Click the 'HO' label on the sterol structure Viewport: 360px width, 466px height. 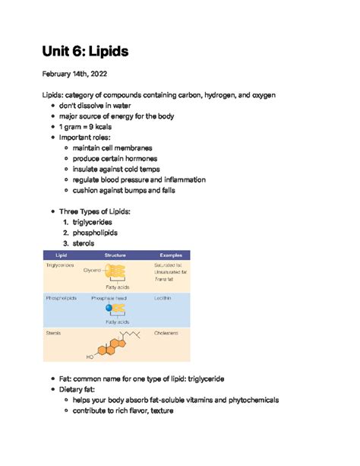point(90,356)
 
